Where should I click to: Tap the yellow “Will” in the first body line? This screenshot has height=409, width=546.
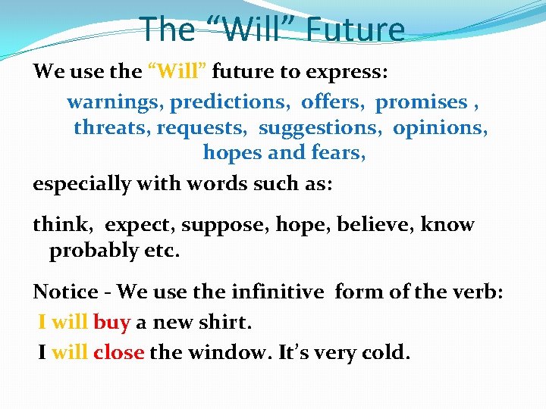pos(177,72)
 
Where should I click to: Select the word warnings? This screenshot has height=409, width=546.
pos(115,101)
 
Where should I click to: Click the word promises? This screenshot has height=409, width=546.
pos(422,101)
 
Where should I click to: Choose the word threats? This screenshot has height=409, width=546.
pos(111,127)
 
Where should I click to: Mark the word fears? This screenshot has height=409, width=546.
pos(338,152)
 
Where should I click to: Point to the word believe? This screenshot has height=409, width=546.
pos(375,225)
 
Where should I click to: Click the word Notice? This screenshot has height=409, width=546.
pos(65,292)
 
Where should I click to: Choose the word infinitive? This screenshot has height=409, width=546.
pos(278,292)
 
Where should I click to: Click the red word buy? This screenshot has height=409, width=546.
pos(111,323)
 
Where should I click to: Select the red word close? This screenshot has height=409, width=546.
pos(118,352)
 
